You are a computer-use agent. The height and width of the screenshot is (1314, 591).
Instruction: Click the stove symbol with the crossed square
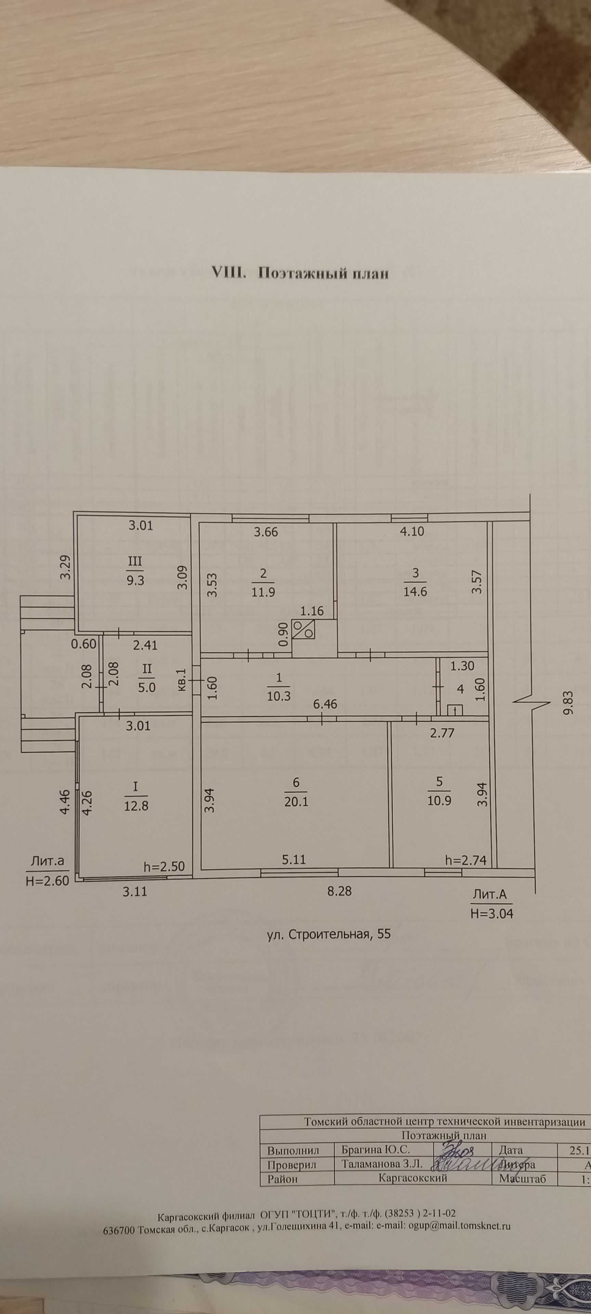pos(303,629)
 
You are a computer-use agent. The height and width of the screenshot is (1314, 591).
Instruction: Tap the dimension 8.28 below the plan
pos(339,891)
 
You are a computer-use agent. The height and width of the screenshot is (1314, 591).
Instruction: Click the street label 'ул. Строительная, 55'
pos(329,934)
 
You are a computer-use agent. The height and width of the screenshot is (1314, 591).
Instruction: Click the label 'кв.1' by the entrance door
pos(182,681)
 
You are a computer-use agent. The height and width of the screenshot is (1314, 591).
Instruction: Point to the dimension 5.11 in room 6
pos(294,860)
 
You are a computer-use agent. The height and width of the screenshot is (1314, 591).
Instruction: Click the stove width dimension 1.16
pos(312,610)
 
